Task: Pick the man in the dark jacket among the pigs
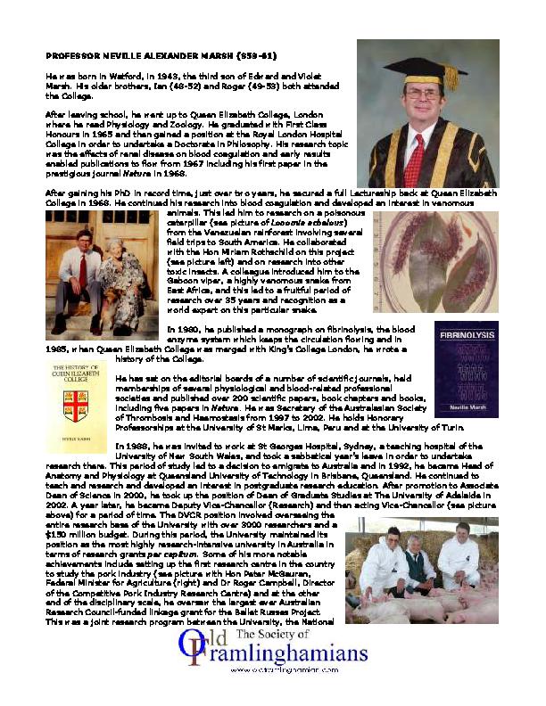click(416, 564)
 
